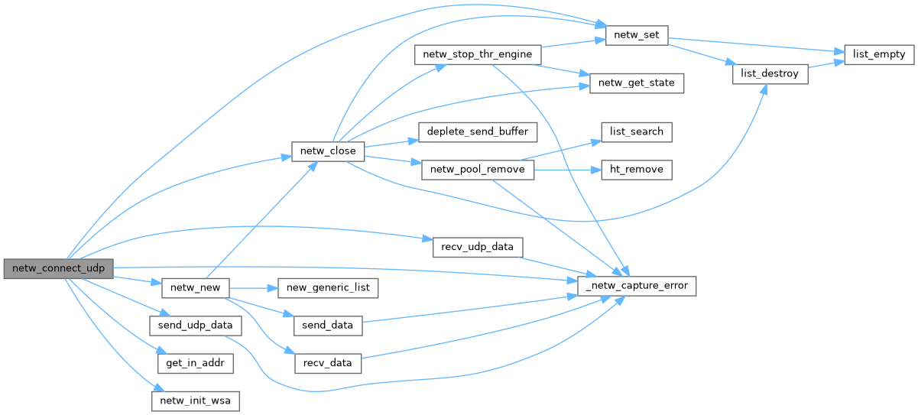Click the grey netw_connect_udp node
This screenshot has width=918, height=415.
(x=59, y=268)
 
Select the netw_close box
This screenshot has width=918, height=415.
(x=328, y=151)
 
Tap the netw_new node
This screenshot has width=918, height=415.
(x=196, y=288)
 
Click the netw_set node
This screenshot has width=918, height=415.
(x=637, y=35)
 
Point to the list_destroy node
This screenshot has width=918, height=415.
(x=770, y=74)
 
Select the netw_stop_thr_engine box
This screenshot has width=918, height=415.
(x=477, y=55)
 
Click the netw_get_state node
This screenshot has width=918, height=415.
(x=636, y=83)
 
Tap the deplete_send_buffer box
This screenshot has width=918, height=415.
(x=478, y=131)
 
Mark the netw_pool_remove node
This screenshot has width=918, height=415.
(x=478, y=170)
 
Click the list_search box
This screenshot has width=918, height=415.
(x=636, y=131)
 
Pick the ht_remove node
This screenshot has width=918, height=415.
(x=636, y=170)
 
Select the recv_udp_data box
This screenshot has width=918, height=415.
(x=478, y=248)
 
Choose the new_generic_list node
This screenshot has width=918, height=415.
(x=328, y=288)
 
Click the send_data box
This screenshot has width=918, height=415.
(x=328, y=325)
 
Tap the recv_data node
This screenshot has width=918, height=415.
(x=328, y=362)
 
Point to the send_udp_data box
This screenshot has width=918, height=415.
(x=196, y=325)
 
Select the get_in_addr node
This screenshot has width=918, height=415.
(x=196, y=362)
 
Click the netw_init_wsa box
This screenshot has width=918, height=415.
(x=196, y=400)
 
